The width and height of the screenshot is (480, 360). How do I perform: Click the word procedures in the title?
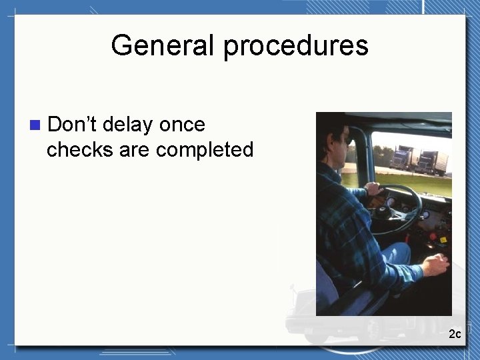[295, 46]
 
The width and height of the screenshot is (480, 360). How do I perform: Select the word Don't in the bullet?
[72, 124]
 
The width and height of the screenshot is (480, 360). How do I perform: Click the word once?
[183, 125]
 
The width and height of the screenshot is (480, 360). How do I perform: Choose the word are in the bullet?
[135, 150]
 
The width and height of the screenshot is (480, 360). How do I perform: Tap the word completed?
[205, 150]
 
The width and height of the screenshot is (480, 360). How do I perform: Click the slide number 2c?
[455, 333]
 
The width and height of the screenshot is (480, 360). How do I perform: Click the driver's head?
[337, 140]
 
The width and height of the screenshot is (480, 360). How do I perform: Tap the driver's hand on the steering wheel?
[375, 189]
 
